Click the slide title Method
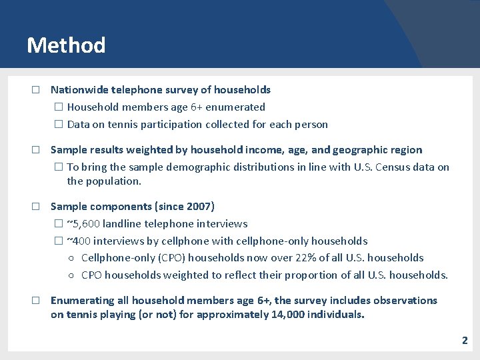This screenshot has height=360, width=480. coord(66,45)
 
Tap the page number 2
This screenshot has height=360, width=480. coord(465,341)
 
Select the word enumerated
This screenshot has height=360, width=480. coord(236,107)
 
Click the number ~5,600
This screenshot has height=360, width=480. coord(83,224)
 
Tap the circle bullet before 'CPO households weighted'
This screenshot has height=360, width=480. coord(71,275)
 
